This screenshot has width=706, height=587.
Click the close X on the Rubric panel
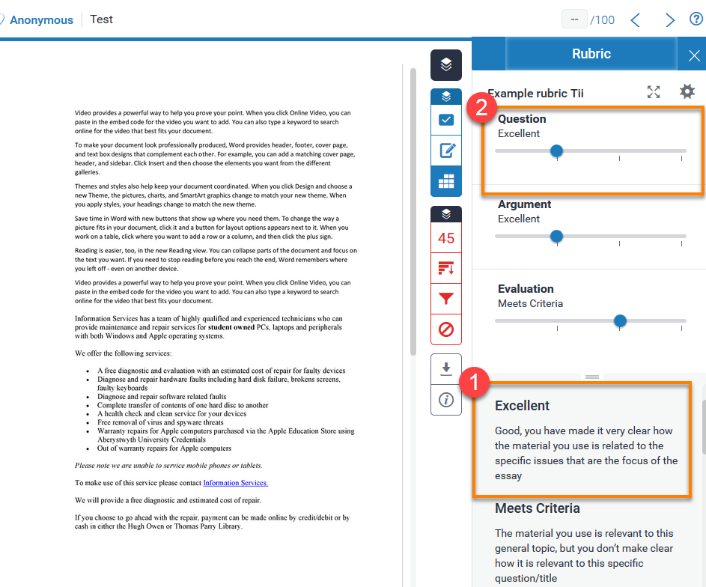[x=693, y=55]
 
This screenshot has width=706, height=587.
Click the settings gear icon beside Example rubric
[x=687, y=91]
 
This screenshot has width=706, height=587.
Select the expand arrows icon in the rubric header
[x=654, y=91]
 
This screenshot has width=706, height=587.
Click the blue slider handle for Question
[x=556, y=151]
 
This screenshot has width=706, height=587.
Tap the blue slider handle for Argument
[x=556, y=237]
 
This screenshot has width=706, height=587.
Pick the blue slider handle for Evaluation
[x=620, y=321]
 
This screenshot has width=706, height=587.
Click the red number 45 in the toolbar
[x=446, y=239]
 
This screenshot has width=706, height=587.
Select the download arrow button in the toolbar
[x=446, y=368]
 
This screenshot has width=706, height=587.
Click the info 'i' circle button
[x=446, y=400]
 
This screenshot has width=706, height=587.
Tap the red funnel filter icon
[x=446, y=299]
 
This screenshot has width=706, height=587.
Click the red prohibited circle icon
[x=446, y=329]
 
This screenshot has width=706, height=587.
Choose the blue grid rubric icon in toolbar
[x=446, y=181]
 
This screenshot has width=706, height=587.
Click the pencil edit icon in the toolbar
[x=446, y=150]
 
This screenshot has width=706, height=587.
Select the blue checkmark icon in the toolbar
[x=446, y=120]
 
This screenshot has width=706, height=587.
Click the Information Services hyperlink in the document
[x=235, y=483]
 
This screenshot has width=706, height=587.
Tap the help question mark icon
[x=696, y=19]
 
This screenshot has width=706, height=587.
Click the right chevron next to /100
[x=670, y=20]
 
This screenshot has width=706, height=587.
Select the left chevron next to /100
[x=636, y=20]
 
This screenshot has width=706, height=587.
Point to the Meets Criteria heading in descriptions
[x=537, y=508]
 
